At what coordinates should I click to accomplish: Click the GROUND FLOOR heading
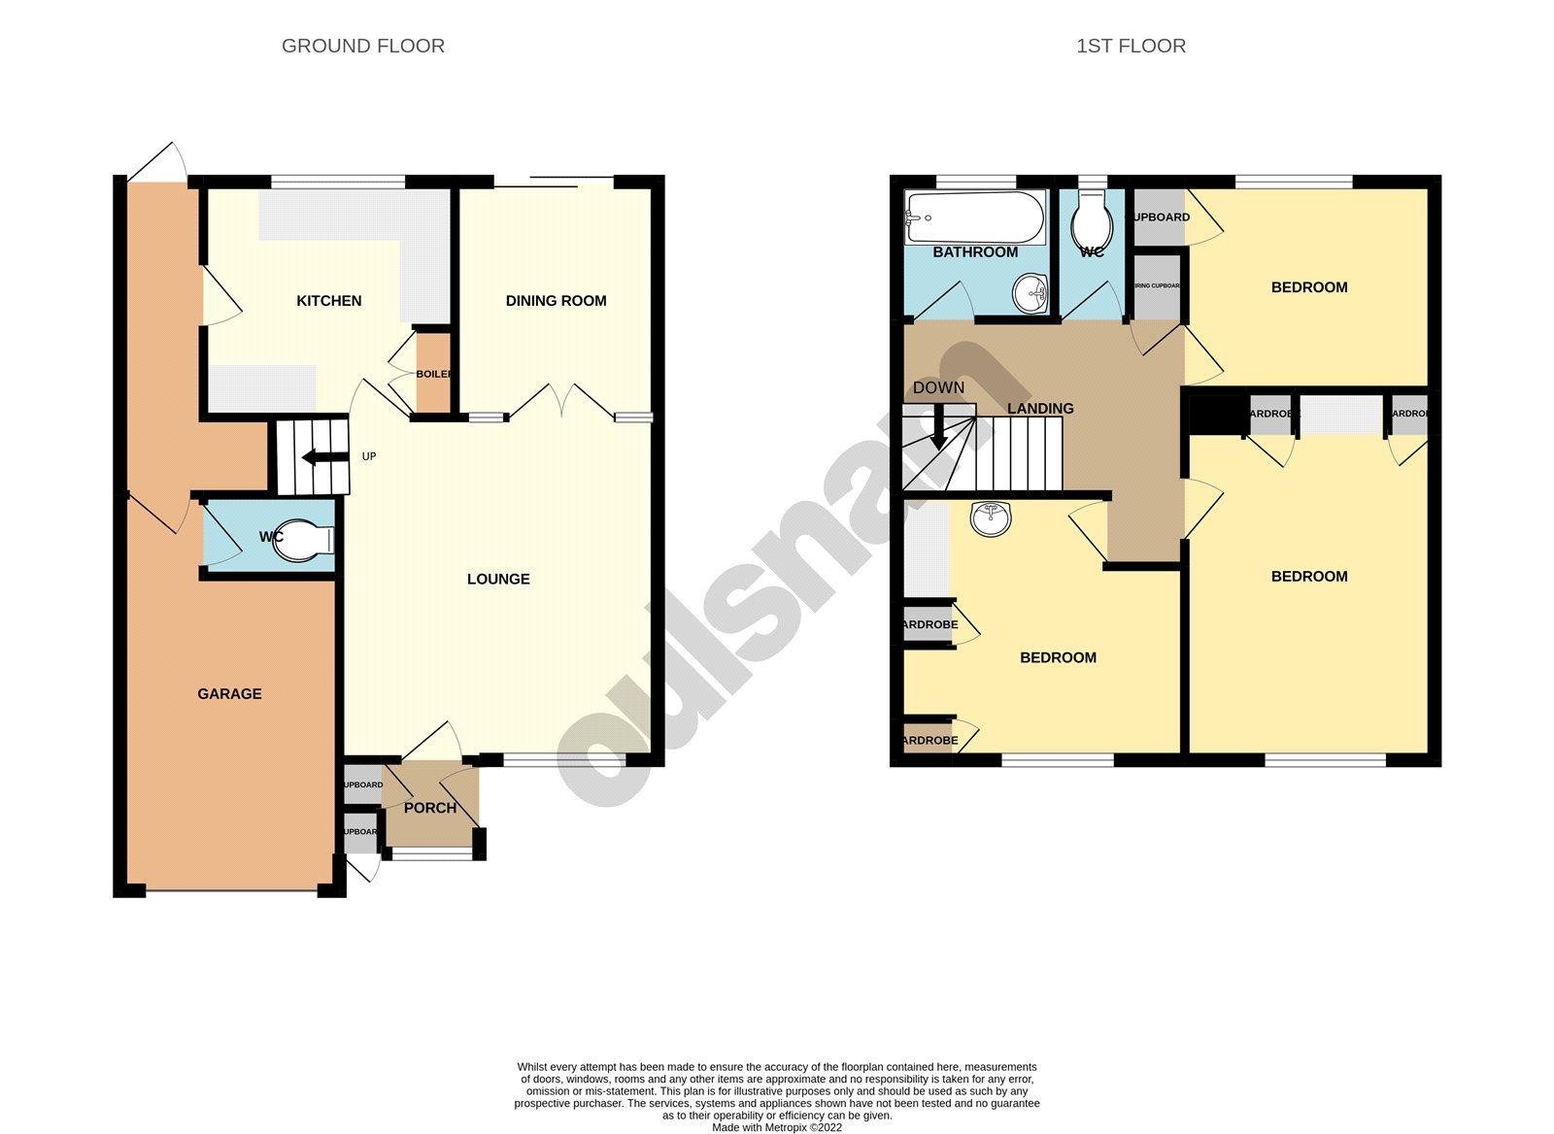pyautogui.click(x=362, y=46)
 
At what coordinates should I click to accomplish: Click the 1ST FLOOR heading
pyautogui.click(x=1131, y=46)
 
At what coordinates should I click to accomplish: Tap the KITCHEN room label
pyautogui.click(x=328, y=301)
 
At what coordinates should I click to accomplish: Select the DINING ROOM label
pyautogui.click(x=556, y=301)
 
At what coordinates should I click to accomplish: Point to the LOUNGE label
pyautogui.click(x=498, y=579)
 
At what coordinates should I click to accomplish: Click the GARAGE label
pyautogui.click(x=229, y=693)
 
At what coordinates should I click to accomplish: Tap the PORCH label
pyautogui.click(x=429, y=808)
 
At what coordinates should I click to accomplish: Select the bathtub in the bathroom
pyautogui.click(x=974, y=217)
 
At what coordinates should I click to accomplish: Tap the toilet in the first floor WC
pyautogui.click(x=1093, y=225)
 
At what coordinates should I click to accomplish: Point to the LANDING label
pyautogui.click(x=1040, y=409)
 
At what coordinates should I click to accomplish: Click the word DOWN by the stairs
pyautogui.click(x=938, y=387)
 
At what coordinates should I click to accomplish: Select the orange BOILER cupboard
pyautogui.click(x=433, y=374)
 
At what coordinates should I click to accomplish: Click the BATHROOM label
pyautogui.click(x=975, y=252)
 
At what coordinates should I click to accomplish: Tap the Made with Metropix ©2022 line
pyautogui.click(x=777, y=1127)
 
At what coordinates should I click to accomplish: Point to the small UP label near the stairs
pyautogui.click(x=369, y=456)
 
